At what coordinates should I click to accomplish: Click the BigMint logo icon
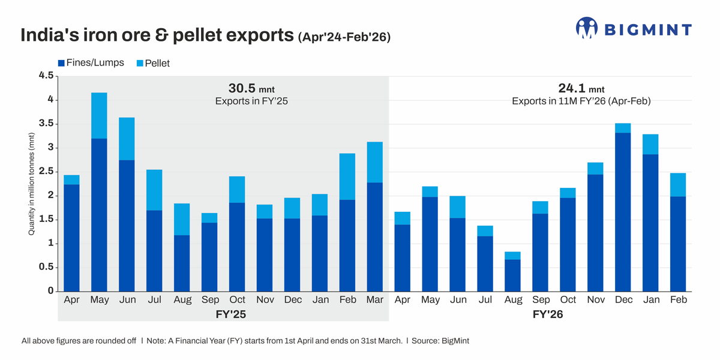pos(587,28)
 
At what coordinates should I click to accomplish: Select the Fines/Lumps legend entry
pos(90,62)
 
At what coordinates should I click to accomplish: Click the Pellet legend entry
pos(153,62)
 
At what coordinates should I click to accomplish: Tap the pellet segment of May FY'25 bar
pos(99,116)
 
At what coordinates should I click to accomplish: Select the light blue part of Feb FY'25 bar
pos(347,176)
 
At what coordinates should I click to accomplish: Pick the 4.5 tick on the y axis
pos(46,76)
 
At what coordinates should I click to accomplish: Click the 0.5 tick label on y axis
pos(46,267)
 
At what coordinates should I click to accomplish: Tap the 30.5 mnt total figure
pos(251,89)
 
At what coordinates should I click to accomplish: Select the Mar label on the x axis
pos(375,300)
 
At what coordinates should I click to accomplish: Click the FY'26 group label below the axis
pos(548,314)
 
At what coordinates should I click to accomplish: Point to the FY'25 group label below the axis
pos(231,314)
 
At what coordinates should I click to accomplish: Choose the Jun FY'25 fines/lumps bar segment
pos(127,226)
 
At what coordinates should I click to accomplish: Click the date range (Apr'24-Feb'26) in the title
pos(344,37)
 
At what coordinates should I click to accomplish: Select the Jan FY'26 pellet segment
pos(650,145)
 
